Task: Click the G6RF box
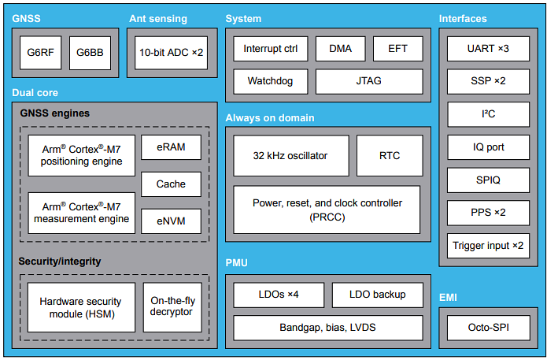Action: (40, 53)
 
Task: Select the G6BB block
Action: (90, 53)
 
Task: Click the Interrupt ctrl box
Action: (270, 48)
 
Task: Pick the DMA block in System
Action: (340, 48)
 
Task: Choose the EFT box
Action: (397, 48)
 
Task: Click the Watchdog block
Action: (270, 81)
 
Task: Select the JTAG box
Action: (368, 81)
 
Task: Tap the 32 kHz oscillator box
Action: (291, 155)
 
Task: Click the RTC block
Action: (389, 155)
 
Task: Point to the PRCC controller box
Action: (327, 210)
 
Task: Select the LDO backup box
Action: (379, 295)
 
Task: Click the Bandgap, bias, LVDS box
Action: (327, 326)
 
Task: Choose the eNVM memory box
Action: (171, 221)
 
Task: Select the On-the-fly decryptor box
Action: (171, 306)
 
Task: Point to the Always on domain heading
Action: (270, 118)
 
